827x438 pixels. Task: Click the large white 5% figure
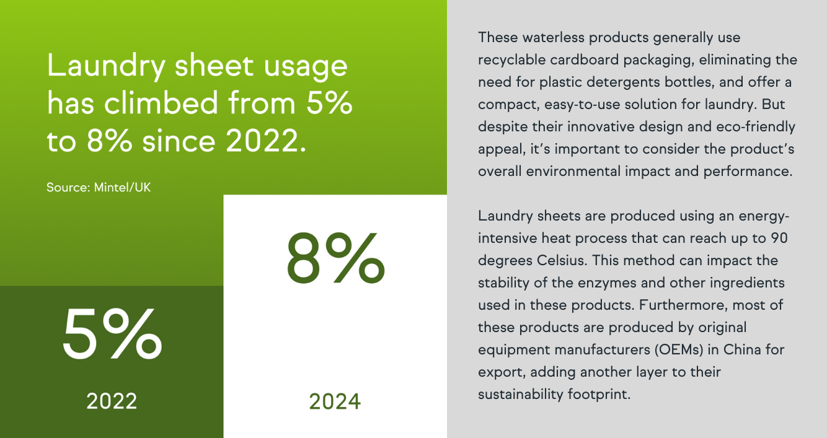(x=112, y=334)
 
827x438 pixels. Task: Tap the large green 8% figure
(x=335, y=258)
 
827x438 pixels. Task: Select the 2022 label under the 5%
(x=112, y=401)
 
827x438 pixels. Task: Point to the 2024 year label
(x=335, y=401)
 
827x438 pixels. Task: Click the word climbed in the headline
(x=161, y=103)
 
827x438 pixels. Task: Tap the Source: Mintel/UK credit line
(x=99, y=188)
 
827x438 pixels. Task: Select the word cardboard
(x=584, y=59)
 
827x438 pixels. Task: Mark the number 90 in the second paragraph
(x=779, y=239)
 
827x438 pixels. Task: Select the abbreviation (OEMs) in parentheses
(x=679, y=350)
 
